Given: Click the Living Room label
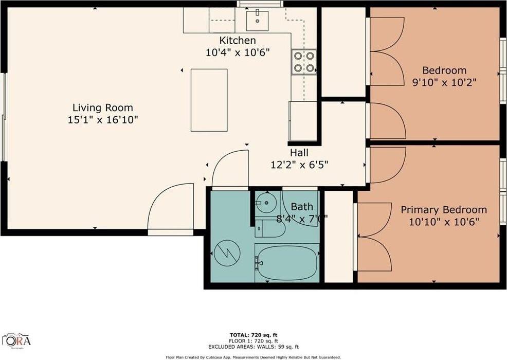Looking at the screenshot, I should pos(102,108).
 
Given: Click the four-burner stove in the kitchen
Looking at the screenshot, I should pos(304,62).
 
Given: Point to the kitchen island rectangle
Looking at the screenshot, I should pos(209,100).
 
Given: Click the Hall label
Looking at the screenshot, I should pos(299,153).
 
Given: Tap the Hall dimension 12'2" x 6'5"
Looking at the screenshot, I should pos(299,165).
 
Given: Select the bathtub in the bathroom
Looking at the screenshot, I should pos(286,262).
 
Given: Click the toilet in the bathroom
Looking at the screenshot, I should pos(268,228).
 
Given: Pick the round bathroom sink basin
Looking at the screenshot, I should pos(267,202).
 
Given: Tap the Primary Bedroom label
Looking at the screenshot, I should pos(443,210).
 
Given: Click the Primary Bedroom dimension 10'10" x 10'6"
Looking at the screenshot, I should pos(443,222).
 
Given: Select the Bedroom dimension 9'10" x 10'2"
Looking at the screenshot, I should pos(444,83).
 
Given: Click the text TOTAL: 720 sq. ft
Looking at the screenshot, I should pos(253,335).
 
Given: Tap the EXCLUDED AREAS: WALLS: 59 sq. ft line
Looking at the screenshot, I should pos(253,347).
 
